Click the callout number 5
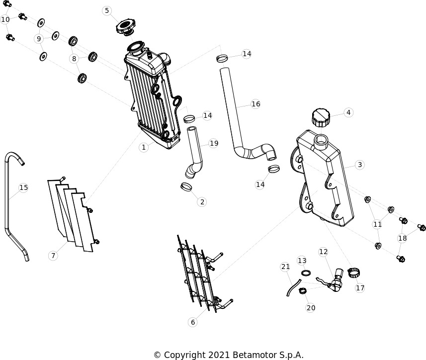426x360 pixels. pyautogui.click(x=107, y=10)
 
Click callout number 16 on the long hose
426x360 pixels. pyautogui.click(x=256, y=104)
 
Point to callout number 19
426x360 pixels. pyautogui.click(x=214, y=143)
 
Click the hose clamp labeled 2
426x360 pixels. pyautogui.click(x=186, y=186)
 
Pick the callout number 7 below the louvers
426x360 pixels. pyautogui.click(x=53, y=256)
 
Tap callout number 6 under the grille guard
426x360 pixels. pyautogui.click(x=193, y=322)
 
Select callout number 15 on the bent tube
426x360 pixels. pyautogui.click(x=24, y=187)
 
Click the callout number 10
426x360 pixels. pyautogui.click(x=5, y=19)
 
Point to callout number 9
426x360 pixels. pyautogui.click(x=39, y=39)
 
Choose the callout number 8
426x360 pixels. pyautogui.click(x=74, y=58)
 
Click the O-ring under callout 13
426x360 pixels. pyautogui.click(x=306, y=272)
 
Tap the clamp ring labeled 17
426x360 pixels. pyautogui.click(x=354, y=272)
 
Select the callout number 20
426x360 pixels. pyautogui.click(x=311, y=308)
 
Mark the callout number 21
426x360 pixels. pyautogui.click(x=285, y=267)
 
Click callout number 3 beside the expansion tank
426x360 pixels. pyautogui.click(x=360, y=165)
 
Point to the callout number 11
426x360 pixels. pyautogui.click(x=377, y=224)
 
